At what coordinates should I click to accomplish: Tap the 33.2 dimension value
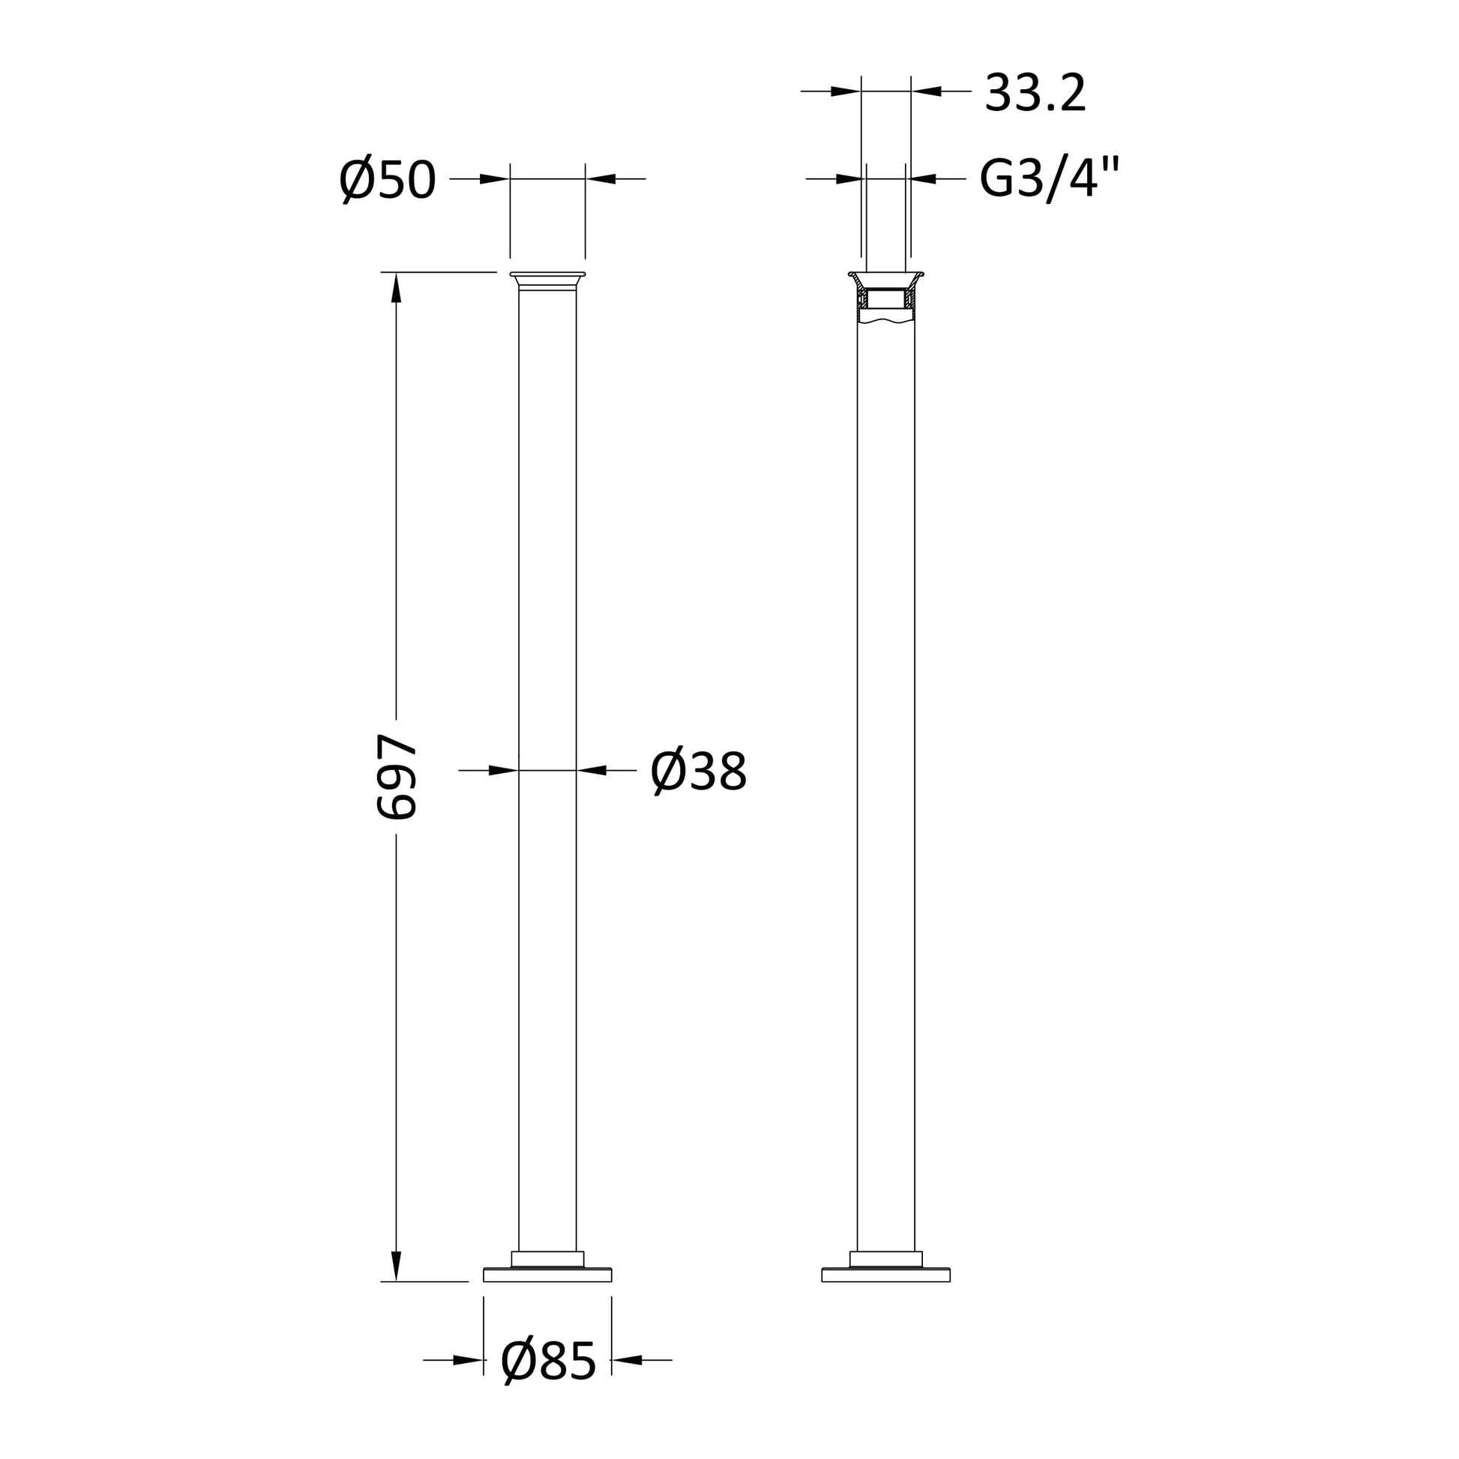(1035, 94)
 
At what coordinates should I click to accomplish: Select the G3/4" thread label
(1049, 180)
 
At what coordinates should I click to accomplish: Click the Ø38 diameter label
(699, 771)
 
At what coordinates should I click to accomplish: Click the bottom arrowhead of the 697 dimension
(396, 1266)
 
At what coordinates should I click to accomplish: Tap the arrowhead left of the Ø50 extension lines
(495, 179)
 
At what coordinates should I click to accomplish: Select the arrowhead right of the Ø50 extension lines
(601, 179)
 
